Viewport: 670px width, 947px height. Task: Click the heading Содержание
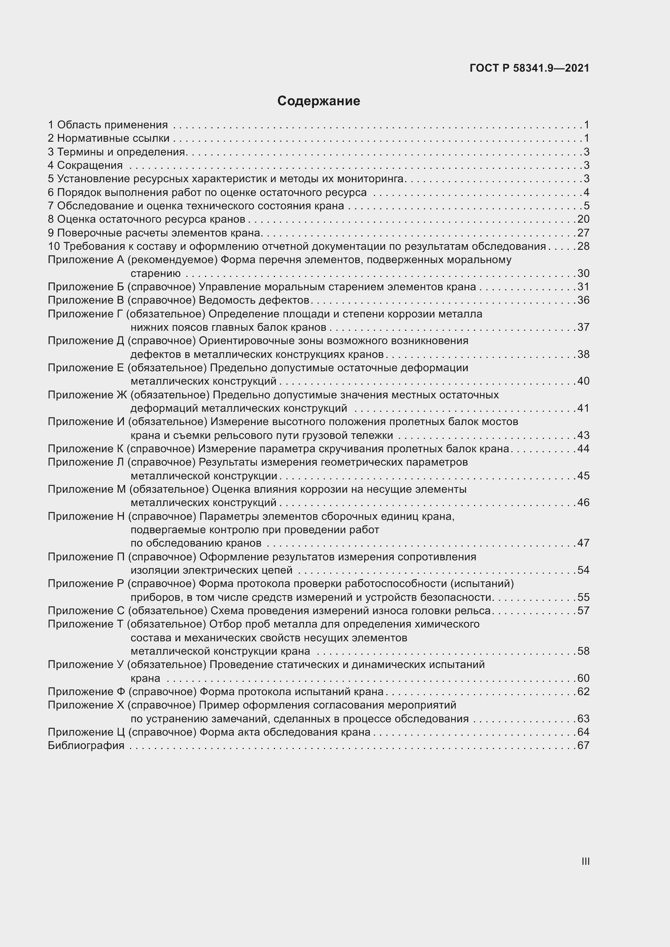(x=318, y=101)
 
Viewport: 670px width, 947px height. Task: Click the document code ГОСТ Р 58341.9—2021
(x=529, y=68)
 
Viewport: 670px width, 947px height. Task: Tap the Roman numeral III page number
(x=585, y=861)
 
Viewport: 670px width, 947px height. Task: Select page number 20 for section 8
(x=583, y=219)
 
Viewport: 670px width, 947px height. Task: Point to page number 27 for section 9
(x=583, y=233)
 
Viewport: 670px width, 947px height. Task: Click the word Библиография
(x=86, y=745)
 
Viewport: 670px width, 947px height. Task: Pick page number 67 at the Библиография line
(x=583, y=745)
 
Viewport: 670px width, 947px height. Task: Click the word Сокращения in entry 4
(x=90, y=166)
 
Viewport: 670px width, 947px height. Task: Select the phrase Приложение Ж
(x=87, y=395)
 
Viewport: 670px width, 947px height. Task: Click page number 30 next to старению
(x=583, y=273)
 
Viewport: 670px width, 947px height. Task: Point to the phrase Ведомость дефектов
(x=254, y=300)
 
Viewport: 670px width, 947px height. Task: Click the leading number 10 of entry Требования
(x=53, y=247)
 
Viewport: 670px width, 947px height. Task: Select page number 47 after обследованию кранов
(x=583, y=543)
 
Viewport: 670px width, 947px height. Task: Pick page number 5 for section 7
(x=586, y=206)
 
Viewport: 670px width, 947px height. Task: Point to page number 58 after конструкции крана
(x=583, y=651)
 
